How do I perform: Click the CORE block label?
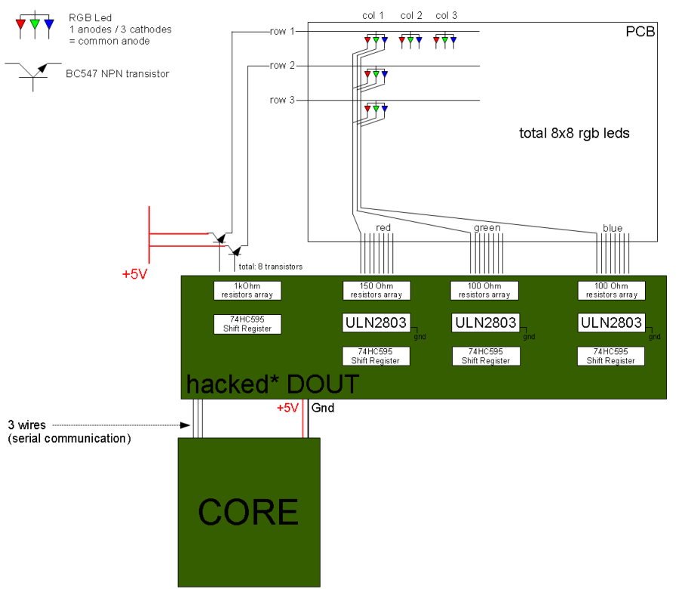(x=248, y=513)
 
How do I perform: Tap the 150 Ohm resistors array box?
(x=376, y=290)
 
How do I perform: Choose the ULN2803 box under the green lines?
(x=485, y=322)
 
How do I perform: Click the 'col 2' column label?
(x=412, y=15)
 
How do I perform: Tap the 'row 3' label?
(x=282, y=100)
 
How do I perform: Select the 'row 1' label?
(x=282, y=31)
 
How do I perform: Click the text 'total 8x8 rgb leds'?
(x=574, y=134)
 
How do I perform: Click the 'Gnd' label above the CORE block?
(x=323, y=408)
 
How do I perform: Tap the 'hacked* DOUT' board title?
(x=273, y=384)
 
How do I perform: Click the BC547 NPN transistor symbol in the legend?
(x=32, y=73)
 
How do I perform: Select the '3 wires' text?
(x=27, y=425)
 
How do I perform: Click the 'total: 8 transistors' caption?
(x=270, y=267)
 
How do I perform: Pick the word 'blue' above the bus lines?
(x=612, y=227)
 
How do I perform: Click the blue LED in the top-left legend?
(x=49, y=24)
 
